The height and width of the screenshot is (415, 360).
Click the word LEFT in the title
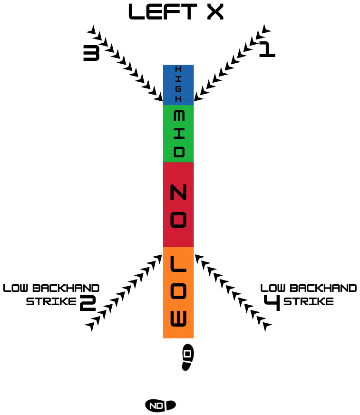coord(163,12)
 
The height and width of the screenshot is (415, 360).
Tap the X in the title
coord(215,12)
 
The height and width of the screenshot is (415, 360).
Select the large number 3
coord(91,53)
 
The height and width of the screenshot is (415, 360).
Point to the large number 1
coord(267,49)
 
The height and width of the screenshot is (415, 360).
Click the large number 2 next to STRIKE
coord(88,303)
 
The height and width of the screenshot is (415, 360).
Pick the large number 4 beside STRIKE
coord(272,303)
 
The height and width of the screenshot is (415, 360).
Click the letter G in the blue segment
coord(178,89)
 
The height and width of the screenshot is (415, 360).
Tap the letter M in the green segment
coord(179,116)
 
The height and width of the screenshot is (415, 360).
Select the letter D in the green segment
coord(179,152)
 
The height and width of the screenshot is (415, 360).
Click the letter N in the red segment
coord(178,193)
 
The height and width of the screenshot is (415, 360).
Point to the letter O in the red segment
coord(178,220)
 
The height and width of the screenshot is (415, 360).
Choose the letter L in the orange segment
coord(178,264)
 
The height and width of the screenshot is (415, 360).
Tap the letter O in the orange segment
coord(178,291)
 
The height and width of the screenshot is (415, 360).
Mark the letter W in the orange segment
coord(178,318)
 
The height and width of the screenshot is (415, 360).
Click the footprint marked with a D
coord(188,357)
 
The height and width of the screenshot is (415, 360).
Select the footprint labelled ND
coord(160,405)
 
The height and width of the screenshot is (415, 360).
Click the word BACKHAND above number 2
coord(66,288)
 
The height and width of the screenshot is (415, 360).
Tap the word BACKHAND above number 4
coord(323,288)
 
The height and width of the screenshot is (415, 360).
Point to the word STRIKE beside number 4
coord(308,301)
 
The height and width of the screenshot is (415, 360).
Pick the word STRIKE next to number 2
coord(51,301)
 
